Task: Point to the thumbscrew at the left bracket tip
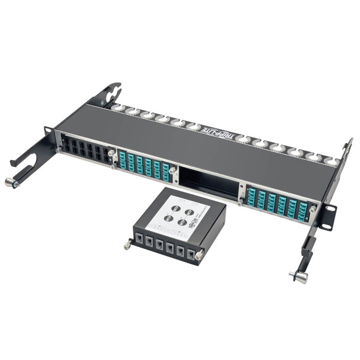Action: (11, 182)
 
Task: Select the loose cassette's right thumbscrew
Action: (199, 254)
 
